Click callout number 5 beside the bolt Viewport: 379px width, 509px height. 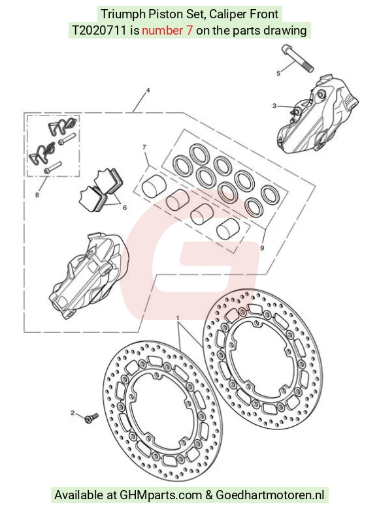[x=278, y=73]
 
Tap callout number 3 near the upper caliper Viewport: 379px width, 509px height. [x=274, y=106]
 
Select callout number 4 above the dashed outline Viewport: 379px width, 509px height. [x=148, y=90]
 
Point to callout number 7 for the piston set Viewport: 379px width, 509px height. [x=144, y=147]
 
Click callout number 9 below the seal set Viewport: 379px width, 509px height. [x=262, y=248]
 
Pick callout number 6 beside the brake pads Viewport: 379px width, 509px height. [x=125, y=208]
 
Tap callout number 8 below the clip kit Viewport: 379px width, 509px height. [x=37, y=194]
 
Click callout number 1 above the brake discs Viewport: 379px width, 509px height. [x=178, y=316]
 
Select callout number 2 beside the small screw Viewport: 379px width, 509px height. [x=73, y=413]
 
